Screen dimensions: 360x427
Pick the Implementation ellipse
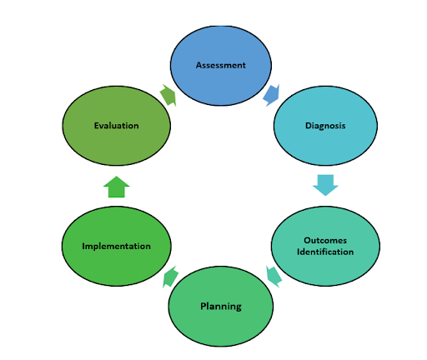pos(116,247)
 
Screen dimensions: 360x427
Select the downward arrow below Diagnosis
pos(325,184)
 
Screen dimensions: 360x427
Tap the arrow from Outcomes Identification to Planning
pos(272,274)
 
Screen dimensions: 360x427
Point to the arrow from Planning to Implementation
pos(169,277)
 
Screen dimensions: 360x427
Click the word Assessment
pos(220,65)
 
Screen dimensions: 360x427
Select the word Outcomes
pos(324,241)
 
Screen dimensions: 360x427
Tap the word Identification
pos(324,252)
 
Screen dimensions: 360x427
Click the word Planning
pos(221,307)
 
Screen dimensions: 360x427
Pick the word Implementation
pos(116,247)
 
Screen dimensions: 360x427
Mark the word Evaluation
pos(116,126)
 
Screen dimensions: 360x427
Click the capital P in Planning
pos(203,306)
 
